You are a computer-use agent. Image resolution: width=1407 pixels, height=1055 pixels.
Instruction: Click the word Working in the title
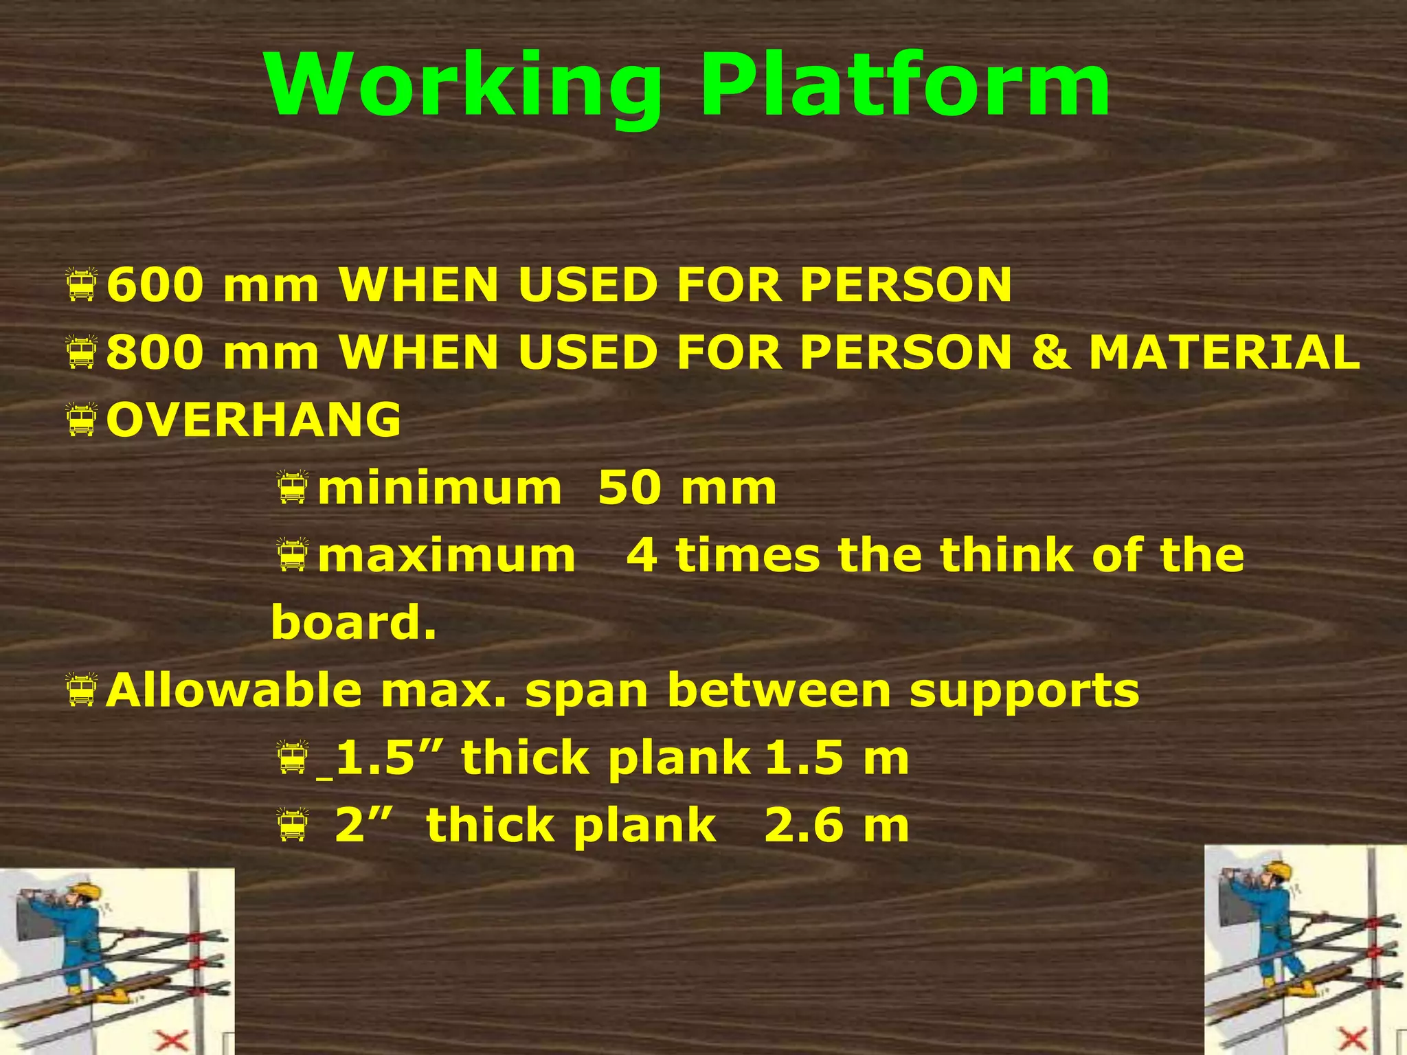[464, 86]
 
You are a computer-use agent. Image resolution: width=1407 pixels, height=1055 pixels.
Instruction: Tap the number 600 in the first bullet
[155, 284]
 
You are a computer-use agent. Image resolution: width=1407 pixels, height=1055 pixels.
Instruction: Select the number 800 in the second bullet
[155, 352]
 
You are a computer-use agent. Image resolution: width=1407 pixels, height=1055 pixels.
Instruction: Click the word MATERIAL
[1224, 352]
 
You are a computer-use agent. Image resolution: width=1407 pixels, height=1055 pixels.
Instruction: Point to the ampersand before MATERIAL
[1050, 352]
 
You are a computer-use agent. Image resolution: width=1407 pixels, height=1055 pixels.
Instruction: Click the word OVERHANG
[254, 419]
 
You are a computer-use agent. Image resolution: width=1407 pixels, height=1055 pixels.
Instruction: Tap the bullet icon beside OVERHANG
[82, 420]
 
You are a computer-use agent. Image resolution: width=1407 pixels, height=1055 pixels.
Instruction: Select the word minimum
[440, 488]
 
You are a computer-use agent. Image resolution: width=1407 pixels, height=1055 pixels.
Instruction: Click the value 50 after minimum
[629, 488]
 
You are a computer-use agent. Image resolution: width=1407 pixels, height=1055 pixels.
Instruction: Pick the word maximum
[447, 555]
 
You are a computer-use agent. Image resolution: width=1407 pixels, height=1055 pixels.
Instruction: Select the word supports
[1024, 690]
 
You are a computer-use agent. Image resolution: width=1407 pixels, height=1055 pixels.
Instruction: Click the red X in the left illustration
[171, 1039]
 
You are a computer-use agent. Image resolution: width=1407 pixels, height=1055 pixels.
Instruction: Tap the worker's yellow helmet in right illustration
[1279, 870]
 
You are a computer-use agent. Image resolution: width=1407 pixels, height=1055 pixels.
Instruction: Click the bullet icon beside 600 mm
[82, 285]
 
